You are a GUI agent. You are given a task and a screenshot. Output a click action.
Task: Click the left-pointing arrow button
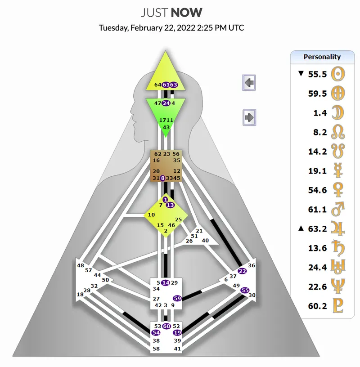coord(249,83)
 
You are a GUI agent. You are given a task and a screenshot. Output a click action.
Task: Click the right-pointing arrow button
coord(249,117)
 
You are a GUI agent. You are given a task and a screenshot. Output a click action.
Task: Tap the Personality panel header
coord(322,57)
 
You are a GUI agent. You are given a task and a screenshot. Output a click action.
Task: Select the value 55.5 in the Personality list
coord(317,74)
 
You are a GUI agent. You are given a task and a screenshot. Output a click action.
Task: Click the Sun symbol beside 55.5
coord(338,74)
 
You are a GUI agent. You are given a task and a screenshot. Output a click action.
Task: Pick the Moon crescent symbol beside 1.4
coord(338,113)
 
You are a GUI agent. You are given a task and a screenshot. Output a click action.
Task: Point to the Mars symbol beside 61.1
coord(338,209)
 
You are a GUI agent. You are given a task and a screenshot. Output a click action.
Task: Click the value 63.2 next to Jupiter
coord(317,228)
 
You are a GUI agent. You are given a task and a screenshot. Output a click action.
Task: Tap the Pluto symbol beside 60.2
coord(338,306)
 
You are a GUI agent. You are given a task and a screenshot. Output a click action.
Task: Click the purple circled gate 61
coord(166,85)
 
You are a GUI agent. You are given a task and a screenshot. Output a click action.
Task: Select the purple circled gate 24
coord(166,103)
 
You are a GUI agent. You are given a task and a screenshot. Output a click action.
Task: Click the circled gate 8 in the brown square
coord(162,178)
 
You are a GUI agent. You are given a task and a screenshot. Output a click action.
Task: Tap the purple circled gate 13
coord(170,205)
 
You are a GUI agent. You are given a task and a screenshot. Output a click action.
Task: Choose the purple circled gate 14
coord(166,283)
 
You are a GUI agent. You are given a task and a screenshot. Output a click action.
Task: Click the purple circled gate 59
coord(177,299)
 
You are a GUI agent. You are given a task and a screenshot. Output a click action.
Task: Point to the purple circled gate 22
coord(242,271)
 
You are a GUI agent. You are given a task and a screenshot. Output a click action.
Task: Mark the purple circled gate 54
coord(156,333)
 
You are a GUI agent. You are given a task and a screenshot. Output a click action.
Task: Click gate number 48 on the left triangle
coord(81,265)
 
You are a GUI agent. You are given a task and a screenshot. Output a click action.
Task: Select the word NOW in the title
coord(186,13)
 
